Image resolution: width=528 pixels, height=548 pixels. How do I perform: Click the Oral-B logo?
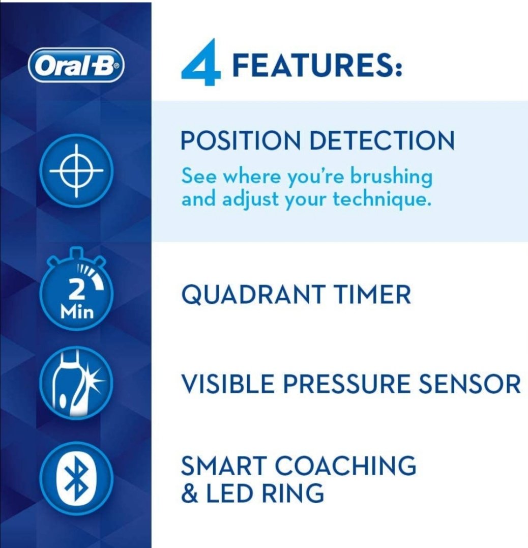tap(76, 65)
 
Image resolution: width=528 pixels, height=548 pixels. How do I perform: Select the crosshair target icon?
tap(76, 171)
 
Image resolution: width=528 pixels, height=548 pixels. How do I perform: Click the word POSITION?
tap(241, 140)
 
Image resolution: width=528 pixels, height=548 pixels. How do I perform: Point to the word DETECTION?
tap(382, 140)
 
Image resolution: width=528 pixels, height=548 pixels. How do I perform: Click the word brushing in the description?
tap(391, 177)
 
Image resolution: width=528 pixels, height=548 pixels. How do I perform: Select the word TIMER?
tap(372, 294)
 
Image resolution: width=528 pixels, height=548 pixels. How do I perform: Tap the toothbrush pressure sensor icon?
tap(76, 383)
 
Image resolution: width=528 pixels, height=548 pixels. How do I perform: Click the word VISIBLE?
tap(227, 383)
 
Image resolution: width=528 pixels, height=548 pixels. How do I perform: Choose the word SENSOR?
tap(469, 383)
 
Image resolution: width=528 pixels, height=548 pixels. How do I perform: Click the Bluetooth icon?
tap(76, 478)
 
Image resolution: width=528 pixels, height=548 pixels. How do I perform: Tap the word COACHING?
tap(345, 465)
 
